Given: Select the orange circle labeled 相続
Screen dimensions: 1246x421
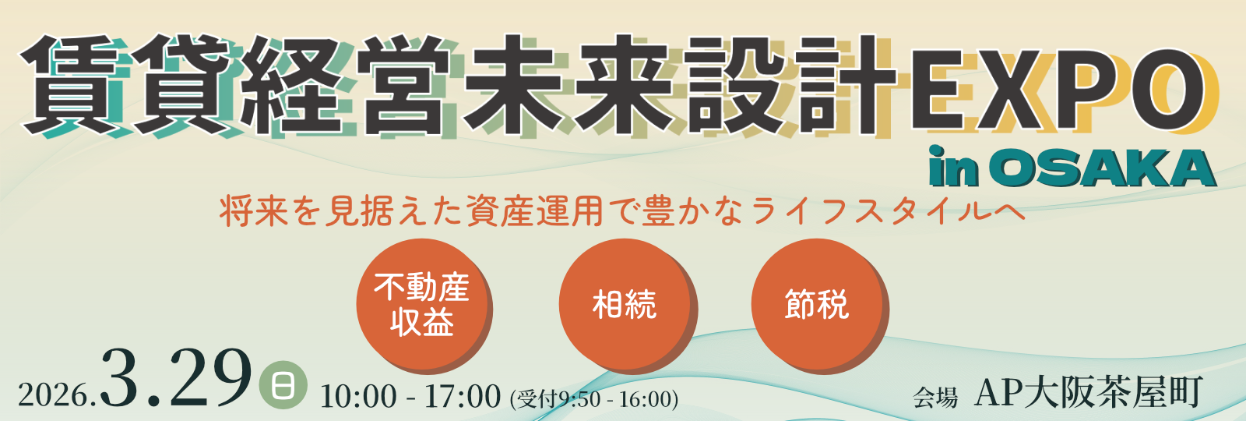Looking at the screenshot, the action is coord(625,304).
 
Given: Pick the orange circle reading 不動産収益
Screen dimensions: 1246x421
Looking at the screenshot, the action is coord(422,304).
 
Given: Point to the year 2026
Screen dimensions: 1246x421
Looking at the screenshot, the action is coord(54,395).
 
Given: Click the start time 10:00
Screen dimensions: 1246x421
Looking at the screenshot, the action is coord(358,397).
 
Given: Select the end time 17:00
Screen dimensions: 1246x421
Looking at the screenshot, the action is coord(463,397).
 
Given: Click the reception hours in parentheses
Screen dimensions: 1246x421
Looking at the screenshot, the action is coord(594,398).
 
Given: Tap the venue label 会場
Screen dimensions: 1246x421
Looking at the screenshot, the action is coord(935,398).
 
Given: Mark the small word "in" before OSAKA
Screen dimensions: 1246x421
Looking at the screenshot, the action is coord(953,167).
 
